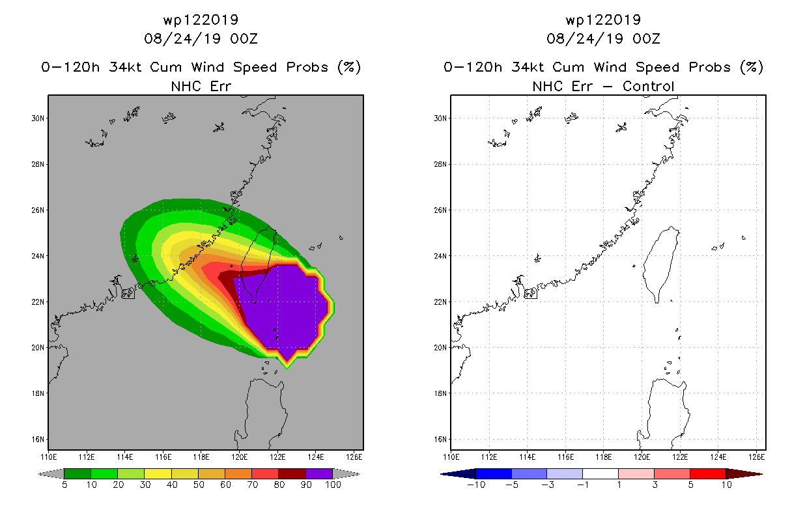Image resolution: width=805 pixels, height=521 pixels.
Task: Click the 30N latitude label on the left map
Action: point(37,119)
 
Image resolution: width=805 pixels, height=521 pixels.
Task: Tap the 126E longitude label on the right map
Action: point(757,457)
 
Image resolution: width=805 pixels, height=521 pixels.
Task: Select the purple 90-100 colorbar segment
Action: point(319,473)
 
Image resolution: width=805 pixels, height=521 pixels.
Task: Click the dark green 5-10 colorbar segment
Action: point(78,473)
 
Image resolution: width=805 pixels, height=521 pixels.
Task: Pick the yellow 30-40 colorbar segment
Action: point(158,473)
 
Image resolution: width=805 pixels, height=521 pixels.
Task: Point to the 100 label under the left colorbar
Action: point(333,485)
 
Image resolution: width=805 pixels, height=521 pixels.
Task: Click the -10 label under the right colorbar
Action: point(476,485)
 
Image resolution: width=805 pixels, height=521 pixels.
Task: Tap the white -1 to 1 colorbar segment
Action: point(600,473)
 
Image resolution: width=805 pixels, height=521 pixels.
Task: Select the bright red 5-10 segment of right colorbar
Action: point(708,473)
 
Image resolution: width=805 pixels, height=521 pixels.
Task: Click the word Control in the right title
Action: point(648,86)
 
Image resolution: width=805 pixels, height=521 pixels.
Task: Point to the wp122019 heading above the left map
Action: point(201,20)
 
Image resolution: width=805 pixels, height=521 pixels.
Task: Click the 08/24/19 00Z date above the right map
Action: point(603,38)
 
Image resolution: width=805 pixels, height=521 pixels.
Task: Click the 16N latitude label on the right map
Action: point(440,439)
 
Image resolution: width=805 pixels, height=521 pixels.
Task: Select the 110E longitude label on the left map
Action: point(48,457)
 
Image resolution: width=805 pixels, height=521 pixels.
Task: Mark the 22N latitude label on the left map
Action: point(37,302)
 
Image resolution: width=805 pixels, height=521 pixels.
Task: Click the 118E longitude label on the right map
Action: point(603,457)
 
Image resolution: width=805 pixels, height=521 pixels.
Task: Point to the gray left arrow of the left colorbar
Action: point(51,474)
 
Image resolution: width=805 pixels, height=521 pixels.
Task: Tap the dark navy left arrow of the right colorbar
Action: point(459,474)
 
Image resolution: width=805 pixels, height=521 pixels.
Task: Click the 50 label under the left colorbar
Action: point(199,485)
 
